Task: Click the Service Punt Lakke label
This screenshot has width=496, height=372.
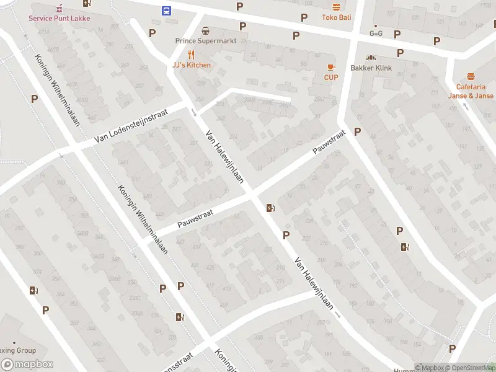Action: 59,18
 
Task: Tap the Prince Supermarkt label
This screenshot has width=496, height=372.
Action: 206,41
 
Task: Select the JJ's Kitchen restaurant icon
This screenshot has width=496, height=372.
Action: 192,54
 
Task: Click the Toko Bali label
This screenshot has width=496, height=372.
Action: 336,17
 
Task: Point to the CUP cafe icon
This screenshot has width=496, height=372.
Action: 331,66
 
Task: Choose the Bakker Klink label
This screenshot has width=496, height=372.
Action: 371,68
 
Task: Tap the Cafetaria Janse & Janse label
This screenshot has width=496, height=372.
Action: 471,92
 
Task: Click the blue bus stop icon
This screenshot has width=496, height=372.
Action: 167,11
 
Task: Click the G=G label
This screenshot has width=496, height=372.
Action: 376,33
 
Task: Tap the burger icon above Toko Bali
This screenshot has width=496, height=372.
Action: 336,7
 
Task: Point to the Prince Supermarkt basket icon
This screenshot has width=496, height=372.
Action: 206,30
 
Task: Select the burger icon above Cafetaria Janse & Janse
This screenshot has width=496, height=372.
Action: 471,76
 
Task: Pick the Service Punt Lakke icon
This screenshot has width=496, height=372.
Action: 60,8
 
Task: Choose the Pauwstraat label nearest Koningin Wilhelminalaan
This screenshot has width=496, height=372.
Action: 195,218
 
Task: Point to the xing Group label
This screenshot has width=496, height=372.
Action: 18,351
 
